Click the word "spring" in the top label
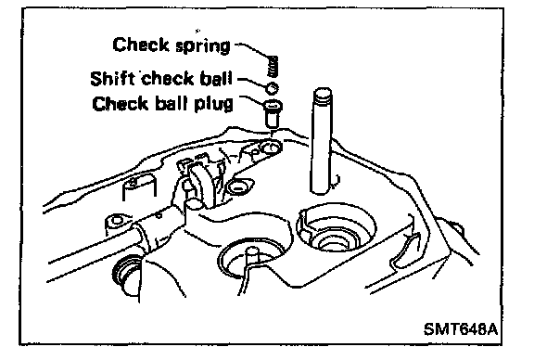(203, 46)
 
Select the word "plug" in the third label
(213, 104)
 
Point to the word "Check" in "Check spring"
(141, 45)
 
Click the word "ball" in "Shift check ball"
(216, 78)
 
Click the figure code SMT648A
(461, 329)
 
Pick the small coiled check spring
(273, 66)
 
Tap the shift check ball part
(273, 88)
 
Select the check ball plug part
(273, 113)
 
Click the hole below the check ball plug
(271, 148)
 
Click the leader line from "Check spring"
(252, 49)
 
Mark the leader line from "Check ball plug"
(251, 99)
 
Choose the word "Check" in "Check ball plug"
(120, 103)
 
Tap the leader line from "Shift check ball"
(252, 83)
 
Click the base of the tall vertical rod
(322, 191)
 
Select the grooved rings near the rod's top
(323, 99)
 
